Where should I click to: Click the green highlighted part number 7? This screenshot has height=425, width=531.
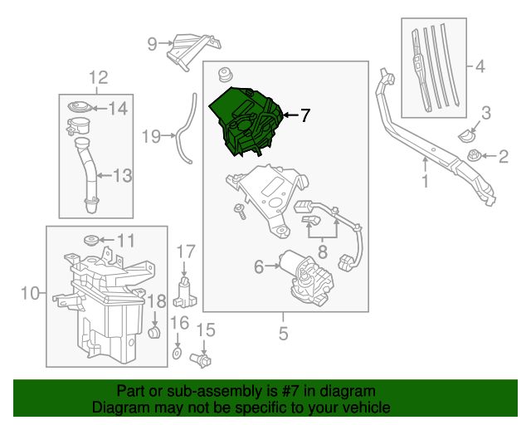pyautogui.click(x=246, y=120)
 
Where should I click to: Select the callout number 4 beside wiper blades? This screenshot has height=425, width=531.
pyautogui.click(x=478, y=66)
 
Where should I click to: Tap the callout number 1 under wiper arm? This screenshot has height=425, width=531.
pyautogui.click(x=425, y=180)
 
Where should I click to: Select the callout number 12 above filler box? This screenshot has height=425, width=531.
pyautogui.click(x=98, y=78)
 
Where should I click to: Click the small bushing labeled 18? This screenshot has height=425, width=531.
pyautogui.click(x=153, y=333)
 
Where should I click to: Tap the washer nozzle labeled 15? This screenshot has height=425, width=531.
pyautogui.click(x=201, y=359)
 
